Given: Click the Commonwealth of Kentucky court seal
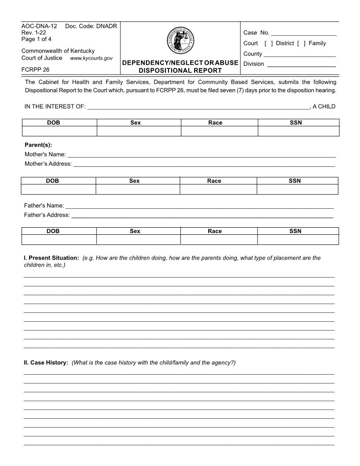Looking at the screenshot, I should [180, 41].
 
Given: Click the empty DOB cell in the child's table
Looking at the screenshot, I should [59, 132].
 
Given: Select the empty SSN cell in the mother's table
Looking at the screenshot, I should [297, 189].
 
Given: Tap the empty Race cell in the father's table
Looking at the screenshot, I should [218, 240].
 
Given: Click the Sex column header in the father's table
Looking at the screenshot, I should [135, 231].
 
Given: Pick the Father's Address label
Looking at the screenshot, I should [47, 215].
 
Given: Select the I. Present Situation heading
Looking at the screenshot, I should [51, 258].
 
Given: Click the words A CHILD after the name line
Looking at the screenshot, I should [324, 106].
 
